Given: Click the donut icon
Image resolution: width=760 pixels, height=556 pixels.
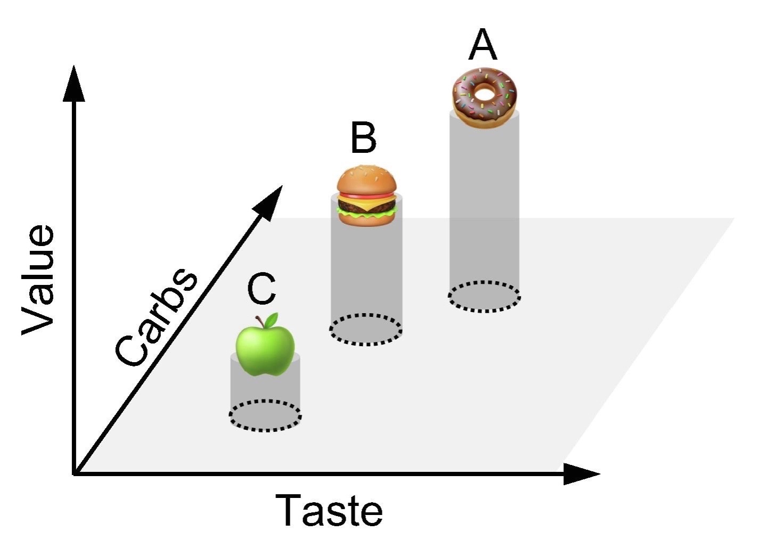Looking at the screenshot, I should (x=484, y=97).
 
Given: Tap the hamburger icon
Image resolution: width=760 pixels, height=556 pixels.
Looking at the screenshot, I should (x=367, y=196).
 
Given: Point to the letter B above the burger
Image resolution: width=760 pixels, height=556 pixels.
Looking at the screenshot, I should (x=364, y=138).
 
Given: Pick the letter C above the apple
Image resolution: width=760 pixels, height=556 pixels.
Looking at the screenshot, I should (x=261, y=290).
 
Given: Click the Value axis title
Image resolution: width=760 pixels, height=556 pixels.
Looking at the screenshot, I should (x=38, y=280).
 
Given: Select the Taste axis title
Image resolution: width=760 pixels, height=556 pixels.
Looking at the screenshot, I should (x=329, y=510).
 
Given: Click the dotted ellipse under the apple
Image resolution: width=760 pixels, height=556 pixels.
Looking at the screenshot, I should (x=266, y=415).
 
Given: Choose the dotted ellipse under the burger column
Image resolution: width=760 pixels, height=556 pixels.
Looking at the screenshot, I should (x=365, y=330).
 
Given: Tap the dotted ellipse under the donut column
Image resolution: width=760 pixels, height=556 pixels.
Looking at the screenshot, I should (x=484, y=296).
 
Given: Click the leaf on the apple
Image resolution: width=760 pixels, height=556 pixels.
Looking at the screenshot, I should (x=272, y=320).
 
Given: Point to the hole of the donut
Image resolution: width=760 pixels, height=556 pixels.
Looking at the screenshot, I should (x=485, y=94).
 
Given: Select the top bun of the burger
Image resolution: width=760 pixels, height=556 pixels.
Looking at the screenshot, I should (x=367, y=179).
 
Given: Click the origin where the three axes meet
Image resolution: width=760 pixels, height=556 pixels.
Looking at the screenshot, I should (x=74, y=473).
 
